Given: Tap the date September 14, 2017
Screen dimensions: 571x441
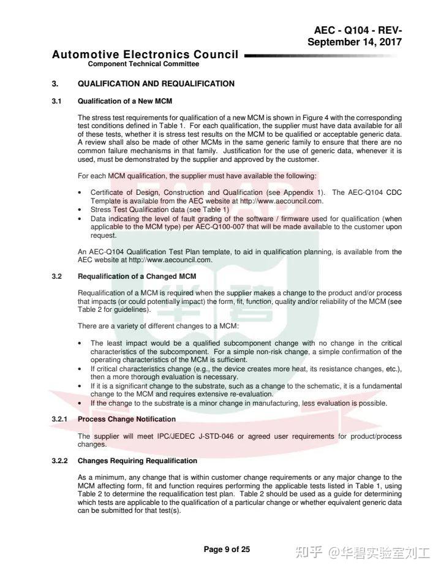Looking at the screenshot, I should click(x=355, y=42).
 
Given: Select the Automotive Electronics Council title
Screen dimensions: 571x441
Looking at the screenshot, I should click(x=145, y=55).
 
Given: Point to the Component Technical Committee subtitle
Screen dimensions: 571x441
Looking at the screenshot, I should click(x=143, y=64).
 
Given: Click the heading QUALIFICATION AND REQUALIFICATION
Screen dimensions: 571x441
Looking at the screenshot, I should click(x=156, y=84).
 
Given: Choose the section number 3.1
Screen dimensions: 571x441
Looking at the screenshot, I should click(x=57, y=101).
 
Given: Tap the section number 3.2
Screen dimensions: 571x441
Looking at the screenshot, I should click(x=57, y=276).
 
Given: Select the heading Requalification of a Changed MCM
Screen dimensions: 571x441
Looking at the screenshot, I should click(x=137, y=276).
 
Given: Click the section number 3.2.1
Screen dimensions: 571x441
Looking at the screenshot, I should click(x=60, y=419).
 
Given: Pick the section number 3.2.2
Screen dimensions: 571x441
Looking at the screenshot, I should click(x=60, y=461).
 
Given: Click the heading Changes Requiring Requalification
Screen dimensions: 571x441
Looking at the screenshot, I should click(x=137, y=461).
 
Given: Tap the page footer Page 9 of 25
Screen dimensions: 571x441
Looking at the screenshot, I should click(x=227, y=550).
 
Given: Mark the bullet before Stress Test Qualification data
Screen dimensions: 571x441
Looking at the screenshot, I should click(x=81, y=210).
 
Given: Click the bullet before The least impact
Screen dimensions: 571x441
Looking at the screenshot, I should click(x=81, y=344).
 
